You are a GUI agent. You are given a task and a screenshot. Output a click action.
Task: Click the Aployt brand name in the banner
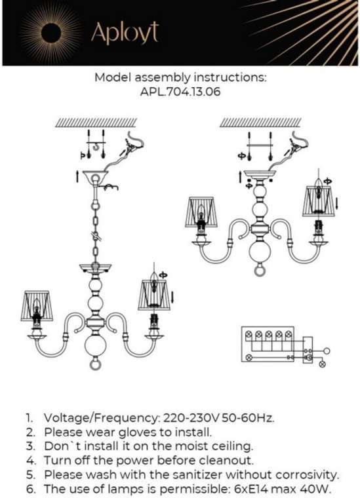coord(125,32)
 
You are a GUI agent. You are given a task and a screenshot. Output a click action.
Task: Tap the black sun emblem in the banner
coord(51,32)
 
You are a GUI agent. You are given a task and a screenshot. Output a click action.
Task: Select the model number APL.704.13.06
coord(180,92)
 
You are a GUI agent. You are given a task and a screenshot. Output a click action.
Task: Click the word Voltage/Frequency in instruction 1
coord(102,418)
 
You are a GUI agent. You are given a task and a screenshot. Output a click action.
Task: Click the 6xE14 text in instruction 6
coord(247,489)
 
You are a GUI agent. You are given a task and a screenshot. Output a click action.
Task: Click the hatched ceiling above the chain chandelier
coord(96,123)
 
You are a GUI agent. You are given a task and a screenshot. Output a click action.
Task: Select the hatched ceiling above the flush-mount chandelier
coord(260,123)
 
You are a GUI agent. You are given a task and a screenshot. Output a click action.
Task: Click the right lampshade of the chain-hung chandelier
coord(154,295)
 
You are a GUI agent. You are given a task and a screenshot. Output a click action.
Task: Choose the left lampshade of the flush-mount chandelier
coord(201,212)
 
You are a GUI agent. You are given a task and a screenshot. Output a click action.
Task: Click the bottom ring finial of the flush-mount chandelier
coord(260,270)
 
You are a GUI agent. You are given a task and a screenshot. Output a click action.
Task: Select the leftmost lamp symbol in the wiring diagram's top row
coord(249,334)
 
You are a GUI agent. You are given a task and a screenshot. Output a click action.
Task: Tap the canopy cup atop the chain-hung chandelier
coord(95,176)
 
